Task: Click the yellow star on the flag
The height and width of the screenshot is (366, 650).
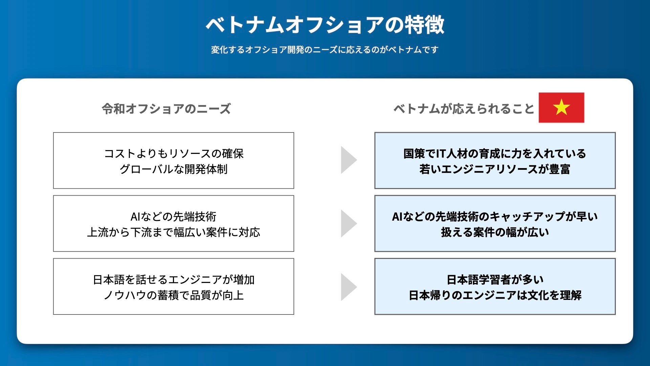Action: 561,107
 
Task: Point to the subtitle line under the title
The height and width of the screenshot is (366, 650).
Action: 325,50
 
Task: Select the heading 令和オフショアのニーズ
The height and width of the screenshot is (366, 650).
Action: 166,109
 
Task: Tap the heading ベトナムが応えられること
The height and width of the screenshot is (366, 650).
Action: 463,109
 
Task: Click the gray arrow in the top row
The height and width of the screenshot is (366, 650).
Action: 348,160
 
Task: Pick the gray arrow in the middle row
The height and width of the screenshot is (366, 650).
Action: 348,223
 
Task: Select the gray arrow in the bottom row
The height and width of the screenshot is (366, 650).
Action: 348,287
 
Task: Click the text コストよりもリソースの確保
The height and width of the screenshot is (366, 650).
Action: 174,154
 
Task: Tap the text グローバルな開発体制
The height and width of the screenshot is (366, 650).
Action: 174,169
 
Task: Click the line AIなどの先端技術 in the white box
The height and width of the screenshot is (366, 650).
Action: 174,217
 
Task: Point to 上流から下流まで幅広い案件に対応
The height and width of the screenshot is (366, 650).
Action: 174,232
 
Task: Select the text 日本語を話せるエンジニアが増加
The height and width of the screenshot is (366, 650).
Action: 174,280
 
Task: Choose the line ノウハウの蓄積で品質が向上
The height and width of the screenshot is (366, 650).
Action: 174,295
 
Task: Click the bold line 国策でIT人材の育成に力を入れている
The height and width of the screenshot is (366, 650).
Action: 495,154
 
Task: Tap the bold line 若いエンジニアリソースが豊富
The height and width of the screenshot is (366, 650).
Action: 495,169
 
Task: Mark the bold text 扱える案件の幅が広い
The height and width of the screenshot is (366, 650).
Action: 495,232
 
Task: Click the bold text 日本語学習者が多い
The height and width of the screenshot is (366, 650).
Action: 495,280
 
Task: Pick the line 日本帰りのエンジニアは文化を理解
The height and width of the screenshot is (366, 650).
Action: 495,295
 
